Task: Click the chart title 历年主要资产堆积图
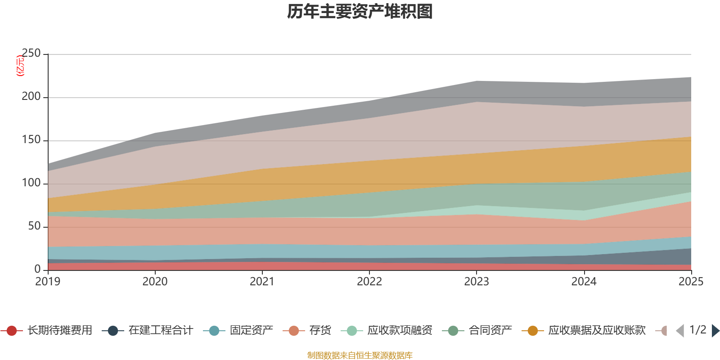coord(360,12)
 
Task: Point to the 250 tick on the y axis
coord(31,54)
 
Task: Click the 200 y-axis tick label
coord(31,97)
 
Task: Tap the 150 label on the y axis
coord(31,140)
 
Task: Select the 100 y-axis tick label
coord(31,183)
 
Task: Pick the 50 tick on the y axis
coord(34,226)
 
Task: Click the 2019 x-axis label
coord(48,282)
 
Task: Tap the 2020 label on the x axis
coord(155,282)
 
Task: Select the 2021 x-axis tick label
coord(262,282)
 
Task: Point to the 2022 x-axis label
coord(369,282)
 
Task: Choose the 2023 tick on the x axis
coord(477,282)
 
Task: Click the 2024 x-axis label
coord(584,282)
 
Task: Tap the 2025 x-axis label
coord(691,282)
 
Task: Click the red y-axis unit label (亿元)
coord(20,66)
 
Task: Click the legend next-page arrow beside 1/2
coord(715,331)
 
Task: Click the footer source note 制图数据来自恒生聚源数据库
coord(360,355)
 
